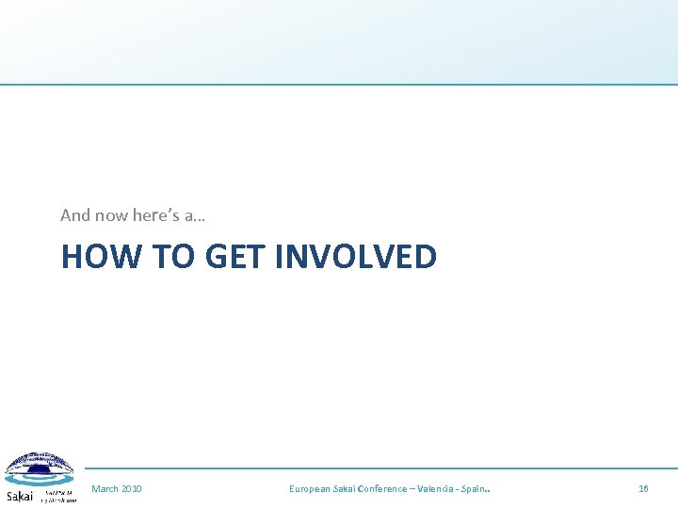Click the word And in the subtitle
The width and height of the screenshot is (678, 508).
click(75, 215)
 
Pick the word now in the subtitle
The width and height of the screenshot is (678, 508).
click(111, 215)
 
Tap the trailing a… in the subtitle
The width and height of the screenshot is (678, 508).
click(196, 215)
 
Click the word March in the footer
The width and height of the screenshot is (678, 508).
click(105, 489)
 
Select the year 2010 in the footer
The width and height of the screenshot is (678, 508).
click(132, 489)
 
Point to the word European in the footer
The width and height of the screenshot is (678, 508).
click(310, 489)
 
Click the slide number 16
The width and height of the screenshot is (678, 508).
click(644, 489)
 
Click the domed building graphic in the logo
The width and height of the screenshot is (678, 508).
click(40, 463)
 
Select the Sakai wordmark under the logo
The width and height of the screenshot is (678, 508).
click(20, 496)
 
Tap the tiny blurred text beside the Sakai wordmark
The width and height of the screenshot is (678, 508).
click(57, 496)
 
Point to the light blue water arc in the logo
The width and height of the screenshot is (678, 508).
click(40, 480)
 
